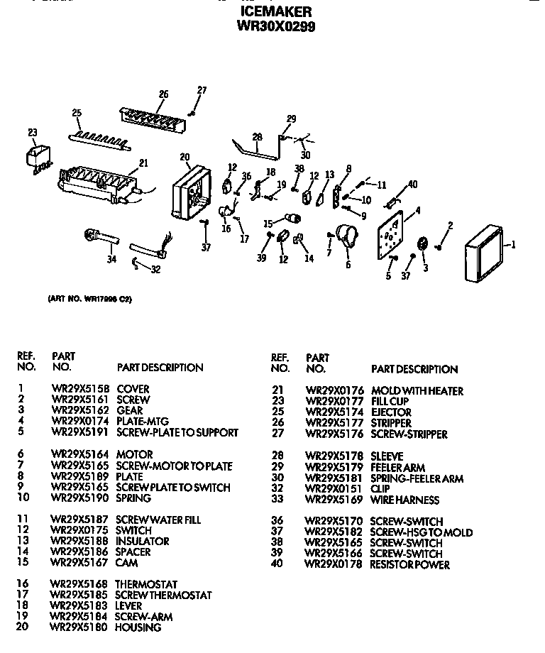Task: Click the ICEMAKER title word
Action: [x=276, y=12]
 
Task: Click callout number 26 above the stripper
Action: [x=163, y=94]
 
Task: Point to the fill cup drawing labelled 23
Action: [x=38, y=158]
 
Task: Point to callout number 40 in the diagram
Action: [x=412, y=186]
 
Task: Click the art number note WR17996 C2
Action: [x=89, y=299]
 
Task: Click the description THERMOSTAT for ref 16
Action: [x=146, y=584]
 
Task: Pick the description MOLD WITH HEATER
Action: [x=417, y=391]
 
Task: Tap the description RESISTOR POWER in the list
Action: [x=409, y=565]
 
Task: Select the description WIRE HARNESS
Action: [x=404, y=500]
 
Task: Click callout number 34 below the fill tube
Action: [x=111, y=260]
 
